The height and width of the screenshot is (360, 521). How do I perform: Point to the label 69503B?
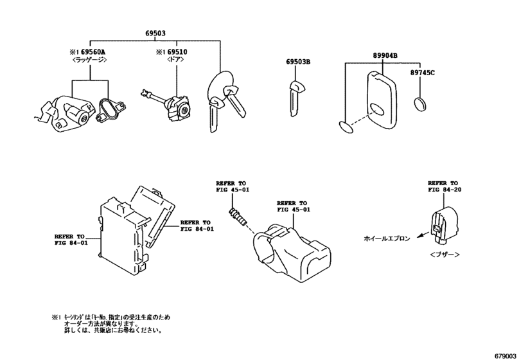click(x=298, y=62)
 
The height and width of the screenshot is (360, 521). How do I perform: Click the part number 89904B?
click(x=384, y=57)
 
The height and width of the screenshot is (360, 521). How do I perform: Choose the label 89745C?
click(x=423, y=74)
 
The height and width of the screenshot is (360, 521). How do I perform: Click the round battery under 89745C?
click(x=422, y=104)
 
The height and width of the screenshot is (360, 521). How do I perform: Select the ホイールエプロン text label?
click(x=386, y=238)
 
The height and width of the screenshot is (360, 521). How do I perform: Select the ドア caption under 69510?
click(x=175, y=61)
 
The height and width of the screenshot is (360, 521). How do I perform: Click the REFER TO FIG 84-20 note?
click(x=444, y=186)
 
